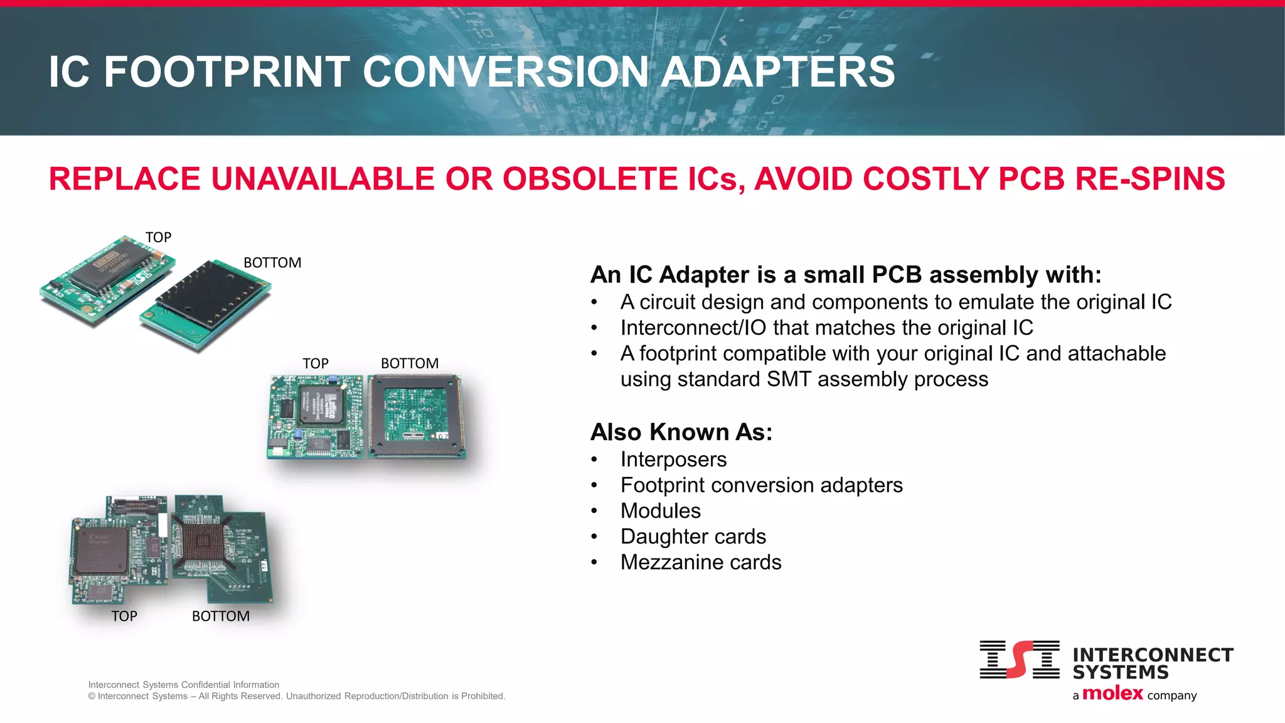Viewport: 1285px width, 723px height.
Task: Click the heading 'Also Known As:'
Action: click(x=681, y=432)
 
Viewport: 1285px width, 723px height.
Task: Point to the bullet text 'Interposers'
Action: click(x=673, y=459)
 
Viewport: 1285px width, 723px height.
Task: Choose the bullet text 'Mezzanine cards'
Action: click(x=701, y=562)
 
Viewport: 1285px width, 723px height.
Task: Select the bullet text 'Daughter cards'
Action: click(x=693, y=537)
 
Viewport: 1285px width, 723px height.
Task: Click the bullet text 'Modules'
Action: click(x=660, y=511)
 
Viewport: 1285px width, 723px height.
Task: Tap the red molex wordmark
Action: click(x=1112, y=693)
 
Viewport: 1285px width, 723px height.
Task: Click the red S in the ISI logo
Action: click(x=1020, y=659)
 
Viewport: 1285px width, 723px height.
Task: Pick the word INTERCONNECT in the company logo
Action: click(x=1153, y=655)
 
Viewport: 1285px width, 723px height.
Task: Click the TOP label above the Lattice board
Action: click(x=315, y=363)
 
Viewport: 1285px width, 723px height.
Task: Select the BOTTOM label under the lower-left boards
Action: click(x=220, y=616)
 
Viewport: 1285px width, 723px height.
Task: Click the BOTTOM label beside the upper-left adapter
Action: click(x=272, y=262)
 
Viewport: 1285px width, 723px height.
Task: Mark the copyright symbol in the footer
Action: click(x=92, y=696)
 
